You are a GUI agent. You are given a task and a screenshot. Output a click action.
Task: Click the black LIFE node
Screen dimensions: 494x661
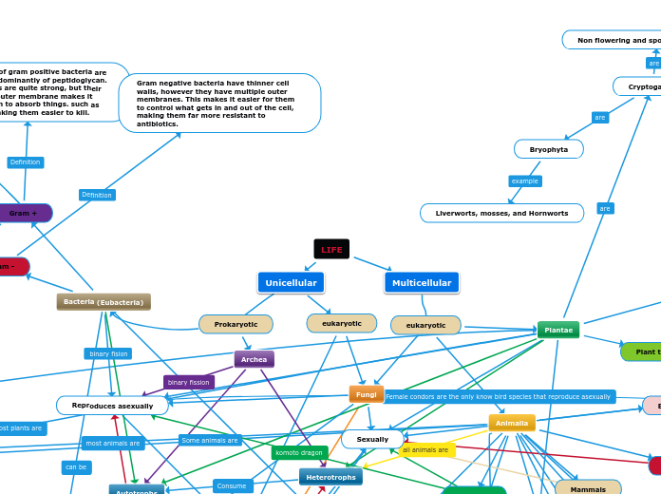331,249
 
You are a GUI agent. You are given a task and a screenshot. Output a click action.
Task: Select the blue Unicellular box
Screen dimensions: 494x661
291,282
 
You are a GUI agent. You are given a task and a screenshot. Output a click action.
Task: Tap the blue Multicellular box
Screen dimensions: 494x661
422,282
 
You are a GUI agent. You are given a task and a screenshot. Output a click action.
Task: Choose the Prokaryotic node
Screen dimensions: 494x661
236,324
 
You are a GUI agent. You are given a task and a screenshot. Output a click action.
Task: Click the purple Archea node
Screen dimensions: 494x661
254,359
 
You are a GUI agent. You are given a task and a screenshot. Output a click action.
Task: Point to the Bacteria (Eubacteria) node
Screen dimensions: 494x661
104,302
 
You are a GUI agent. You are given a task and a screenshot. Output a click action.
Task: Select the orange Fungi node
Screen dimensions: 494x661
366,393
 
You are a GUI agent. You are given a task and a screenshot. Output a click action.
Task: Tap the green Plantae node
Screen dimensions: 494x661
558,330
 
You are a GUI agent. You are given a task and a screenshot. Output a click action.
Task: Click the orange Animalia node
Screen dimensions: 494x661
512,423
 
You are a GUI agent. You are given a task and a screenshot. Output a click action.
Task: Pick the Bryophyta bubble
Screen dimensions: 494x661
548,149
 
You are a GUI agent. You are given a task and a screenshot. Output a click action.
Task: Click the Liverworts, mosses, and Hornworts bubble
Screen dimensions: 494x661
501,213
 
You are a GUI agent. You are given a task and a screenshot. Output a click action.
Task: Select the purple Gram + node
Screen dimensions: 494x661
24,213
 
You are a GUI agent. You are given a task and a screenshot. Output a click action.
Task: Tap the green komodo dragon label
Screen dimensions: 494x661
299,452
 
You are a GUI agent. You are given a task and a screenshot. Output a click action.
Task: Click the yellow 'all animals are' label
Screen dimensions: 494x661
425,449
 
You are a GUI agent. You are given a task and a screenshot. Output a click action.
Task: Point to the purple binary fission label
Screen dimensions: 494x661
188,382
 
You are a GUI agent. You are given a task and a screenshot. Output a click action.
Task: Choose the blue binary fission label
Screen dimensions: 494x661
108,353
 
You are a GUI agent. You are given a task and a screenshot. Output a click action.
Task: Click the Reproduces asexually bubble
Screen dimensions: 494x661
112,406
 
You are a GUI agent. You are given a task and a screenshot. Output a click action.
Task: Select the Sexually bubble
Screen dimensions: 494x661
372,439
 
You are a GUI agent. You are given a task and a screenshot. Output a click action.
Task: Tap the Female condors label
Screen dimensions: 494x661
498,396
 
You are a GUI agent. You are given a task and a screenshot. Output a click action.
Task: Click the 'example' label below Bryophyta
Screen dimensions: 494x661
524,180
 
